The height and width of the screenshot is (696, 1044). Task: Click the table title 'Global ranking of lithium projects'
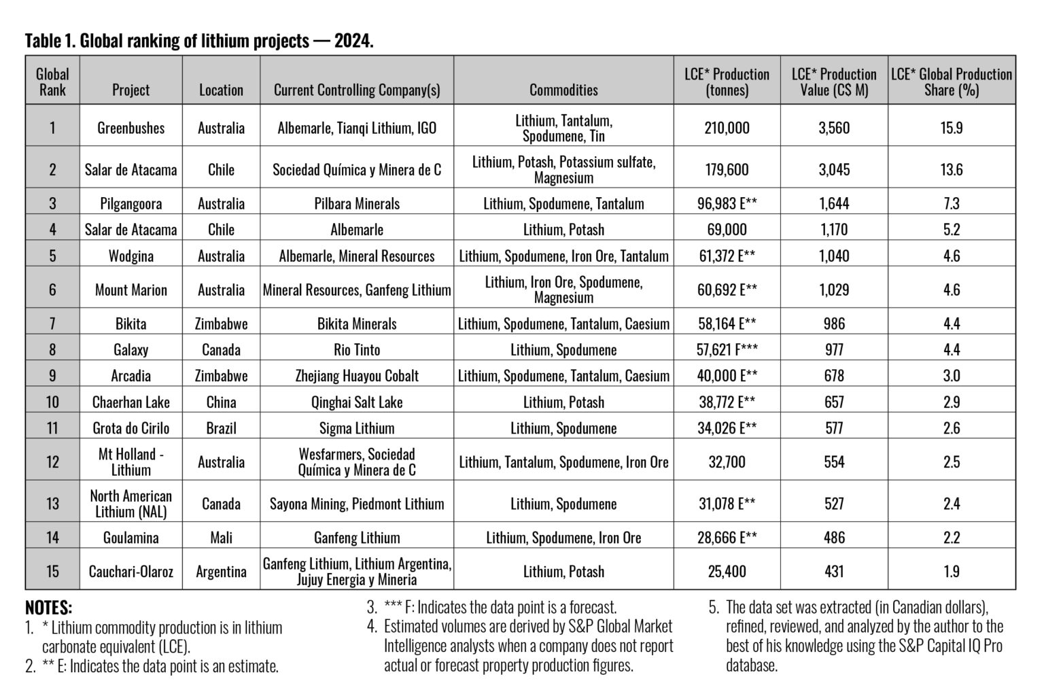(x=199, y=41)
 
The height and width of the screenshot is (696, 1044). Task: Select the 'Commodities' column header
(x=563, y=90)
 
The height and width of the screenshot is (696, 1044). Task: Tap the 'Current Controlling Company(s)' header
(x=357, y=90)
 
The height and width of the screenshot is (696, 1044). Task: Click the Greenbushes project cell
(x=130, y=128)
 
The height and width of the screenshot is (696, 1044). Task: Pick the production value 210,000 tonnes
(x=727, y=128)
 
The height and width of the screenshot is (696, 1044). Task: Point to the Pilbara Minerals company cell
(x=357, y=203)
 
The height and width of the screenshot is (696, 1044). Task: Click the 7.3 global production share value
(x=951, y=203)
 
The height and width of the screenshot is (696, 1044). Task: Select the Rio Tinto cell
(x=357, y=349)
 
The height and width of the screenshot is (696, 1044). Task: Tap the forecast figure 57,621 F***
(x=727, y=349)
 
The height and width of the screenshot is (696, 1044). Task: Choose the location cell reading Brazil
(x=221, y=428)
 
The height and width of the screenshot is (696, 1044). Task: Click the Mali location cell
(x=221, y=538)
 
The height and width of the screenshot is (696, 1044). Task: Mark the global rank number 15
(x=52, y=571)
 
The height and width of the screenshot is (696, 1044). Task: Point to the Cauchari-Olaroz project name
(x=130, y=571)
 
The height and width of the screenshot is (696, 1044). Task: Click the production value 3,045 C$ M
(x=834, y=169)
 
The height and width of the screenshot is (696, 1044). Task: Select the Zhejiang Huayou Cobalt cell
(x=357, y=375)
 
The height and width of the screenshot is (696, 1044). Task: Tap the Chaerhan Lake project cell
(x=130, y=402)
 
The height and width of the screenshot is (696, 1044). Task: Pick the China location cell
(x=221, y=402)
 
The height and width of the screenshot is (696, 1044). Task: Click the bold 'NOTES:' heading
(x=48, y=608)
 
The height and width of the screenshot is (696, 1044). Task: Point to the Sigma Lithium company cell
(x=357, y=428)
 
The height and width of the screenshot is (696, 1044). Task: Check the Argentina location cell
(x=221, y=571)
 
